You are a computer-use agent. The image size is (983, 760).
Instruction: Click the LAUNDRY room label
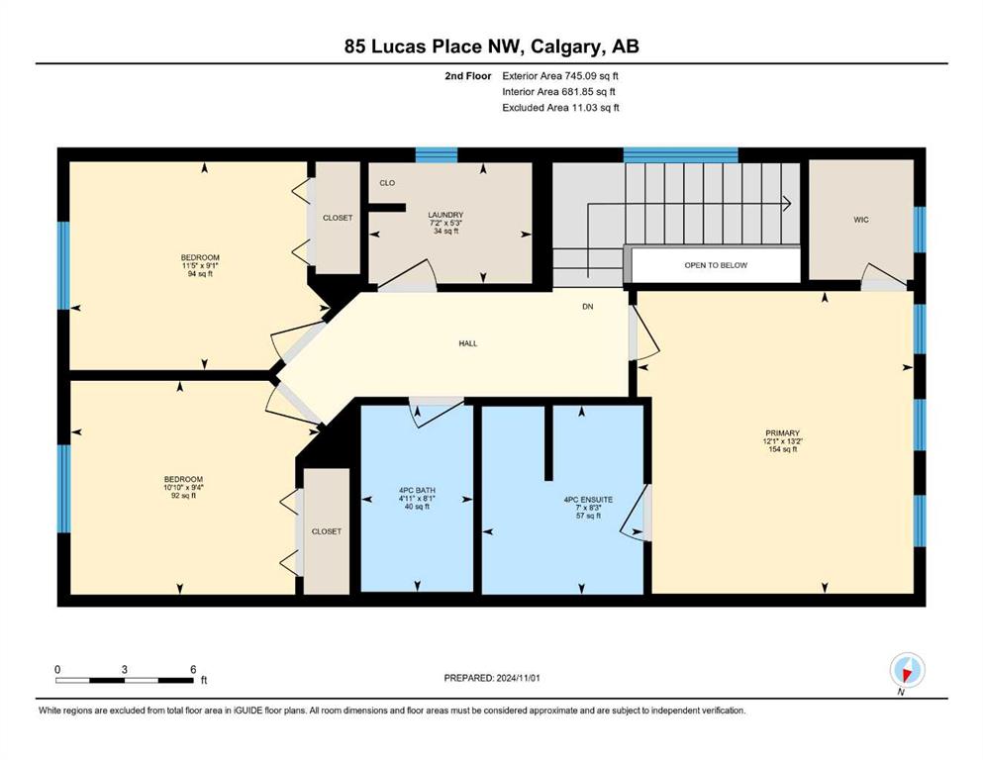tap(445, 215)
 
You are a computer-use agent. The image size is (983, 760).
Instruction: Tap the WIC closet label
tap(861, 220)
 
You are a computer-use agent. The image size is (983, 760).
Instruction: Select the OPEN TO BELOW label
tap(716, 265)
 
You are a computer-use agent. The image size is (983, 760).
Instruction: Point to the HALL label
tap(467, 343)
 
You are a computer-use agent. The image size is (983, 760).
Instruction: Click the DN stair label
tap(587, 307)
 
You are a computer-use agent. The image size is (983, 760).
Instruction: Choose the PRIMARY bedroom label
tap(782, 433)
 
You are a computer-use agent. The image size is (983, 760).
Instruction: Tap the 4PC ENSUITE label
tap(588, 500)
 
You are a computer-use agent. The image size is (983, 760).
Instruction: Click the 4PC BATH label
tap(417, 490)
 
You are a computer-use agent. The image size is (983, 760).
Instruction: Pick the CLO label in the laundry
tap(387, 183)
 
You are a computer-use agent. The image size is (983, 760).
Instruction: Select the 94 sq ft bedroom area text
tap(200, 274)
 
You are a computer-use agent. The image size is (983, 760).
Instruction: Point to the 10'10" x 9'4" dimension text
tap(184, 488)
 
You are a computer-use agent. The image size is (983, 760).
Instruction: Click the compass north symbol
tap(907, 671)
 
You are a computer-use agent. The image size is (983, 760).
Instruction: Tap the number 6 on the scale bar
tap(193, 669)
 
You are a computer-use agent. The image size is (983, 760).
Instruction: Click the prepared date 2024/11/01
tap(518, 678)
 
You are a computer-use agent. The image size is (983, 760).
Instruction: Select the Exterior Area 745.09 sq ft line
tap(560, 76)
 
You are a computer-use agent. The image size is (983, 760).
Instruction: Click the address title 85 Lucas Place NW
tap(436, 47)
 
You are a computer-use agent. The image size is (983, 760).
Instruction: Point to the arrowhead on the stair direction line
tap(787, 203)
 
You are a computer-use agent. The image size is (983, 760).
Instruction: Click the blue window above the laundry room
tap(437, 154)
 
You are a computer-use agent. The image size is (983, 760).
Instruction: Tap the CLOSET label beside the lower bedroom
tap(327, 531)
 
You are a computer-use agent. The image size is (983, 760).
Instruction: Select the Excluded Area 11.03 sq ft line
tap(560, 107)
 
